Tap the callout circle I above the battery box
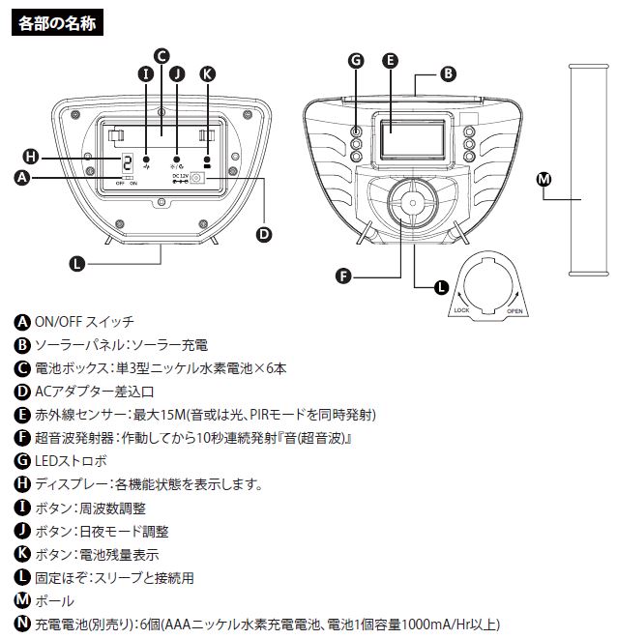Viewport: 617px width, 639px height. [146, 73]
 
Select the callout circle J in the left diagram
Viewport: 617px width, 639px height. [176, 73]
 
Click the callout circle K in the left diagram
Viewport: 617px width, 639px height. [207, 73]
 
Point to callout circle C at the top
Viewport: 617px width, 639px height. [162, 55]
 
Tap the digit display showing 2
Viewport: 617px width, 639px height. [127, 163]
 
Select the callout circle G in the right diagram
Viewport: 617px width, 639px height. [356, 60]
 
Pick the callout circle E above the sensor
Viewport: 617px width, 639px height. [391, 60]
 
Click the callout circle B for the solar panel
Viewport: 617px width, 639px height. [448, 73]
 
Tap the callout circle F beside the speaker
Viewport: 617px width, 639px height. [342, 276]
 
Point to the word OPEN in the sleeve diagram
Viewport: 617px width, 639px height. [514, 311]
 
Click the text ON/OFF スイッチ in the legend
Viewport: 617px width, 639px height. [84, 322]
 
